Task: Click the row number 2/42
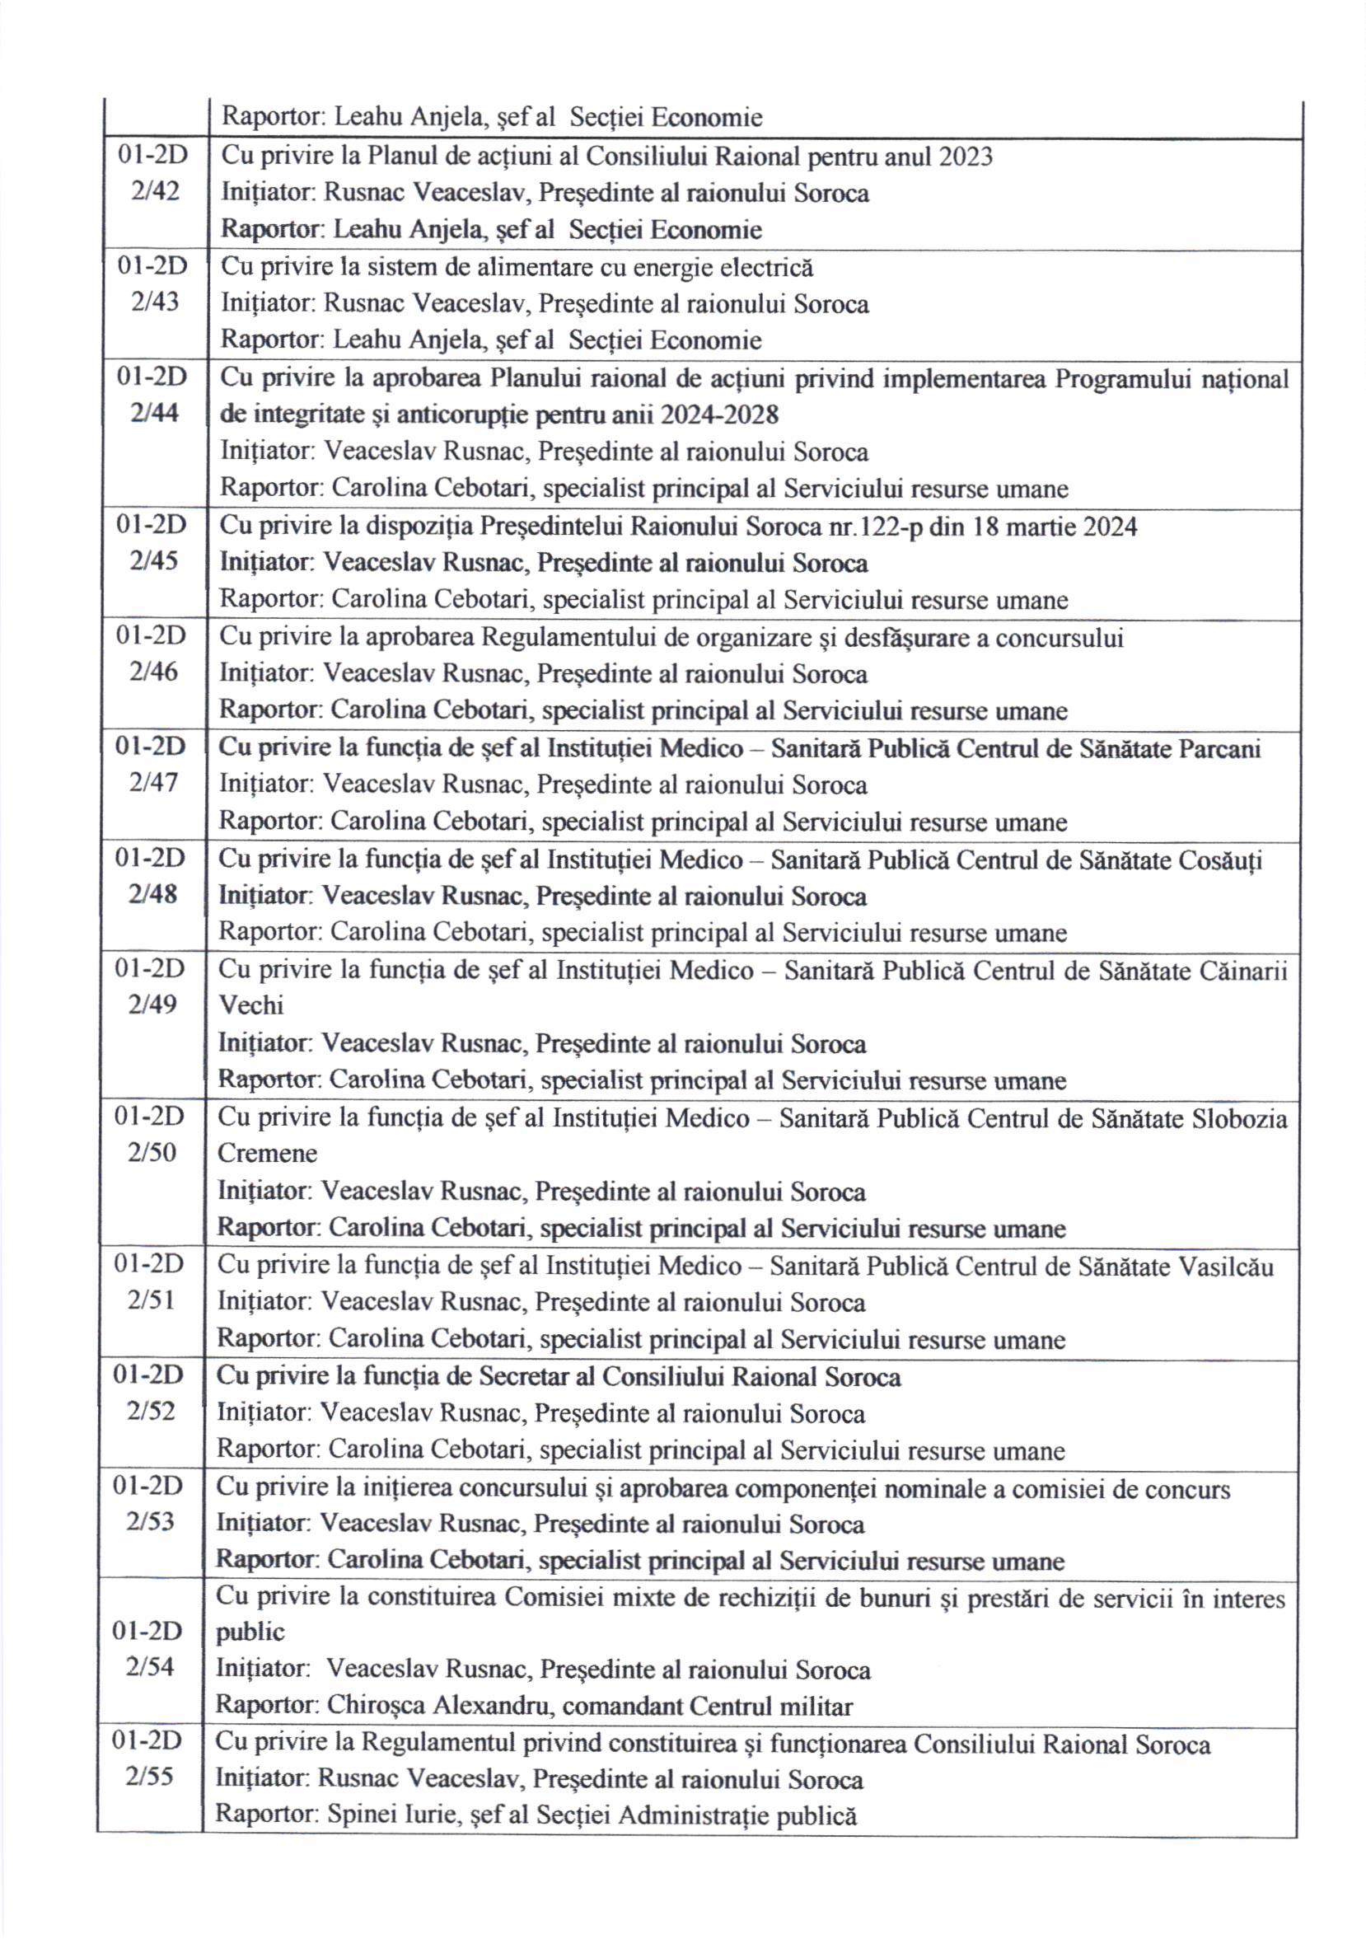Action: point(156,192)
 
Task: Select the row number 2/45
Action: point(153,562)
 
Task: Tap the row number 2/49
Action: point(152,1005)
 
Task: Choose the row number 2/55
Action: point(149,1777)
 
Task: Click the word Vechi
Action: point(250,1006)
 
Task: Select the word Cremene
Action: point(267,1154)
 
